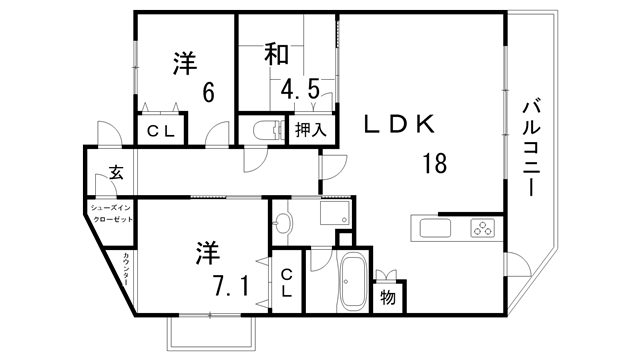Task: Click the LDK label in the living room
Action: click(397, 125)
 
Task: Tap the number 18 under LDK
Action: click(434, 162)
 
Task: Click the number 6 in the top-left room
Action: click(208, 92)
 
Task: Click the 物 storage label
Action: click(387, 297)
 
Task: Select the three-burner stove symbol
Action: click(483, 228)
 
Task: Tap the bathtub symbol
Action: click(352, 283)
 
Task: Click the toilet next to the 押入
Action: click(267, 129)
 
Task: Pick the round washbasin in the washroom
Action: click(283, 222)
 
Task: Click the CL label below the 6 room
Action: click(161, 130)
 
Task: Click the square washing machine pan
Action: click(331, 215)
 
